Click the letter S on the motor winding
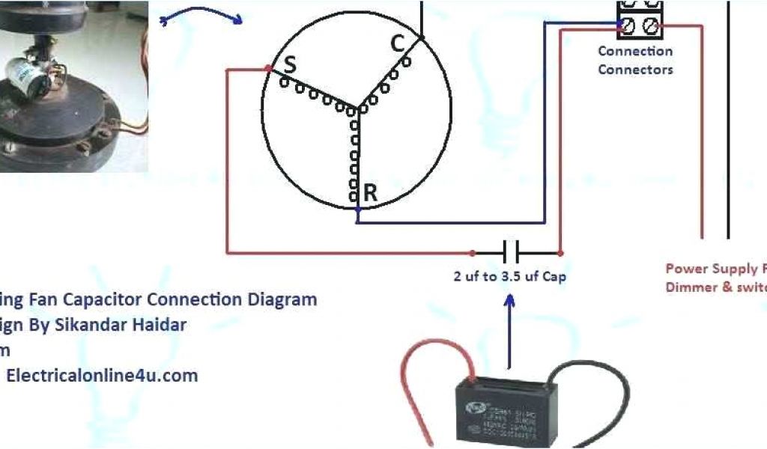click(288, 65)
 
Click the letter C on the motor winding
click(398, 44)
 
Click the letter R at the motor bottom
click(369, 192)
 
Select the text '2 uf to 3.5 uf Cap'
click(509, 276)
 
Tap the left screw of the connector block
click(628, 26)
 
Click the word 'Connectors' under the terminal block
click(635, 70)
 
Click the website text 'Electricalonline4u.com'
click(102, 376)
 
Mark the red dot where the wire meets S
click(268, 69)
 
